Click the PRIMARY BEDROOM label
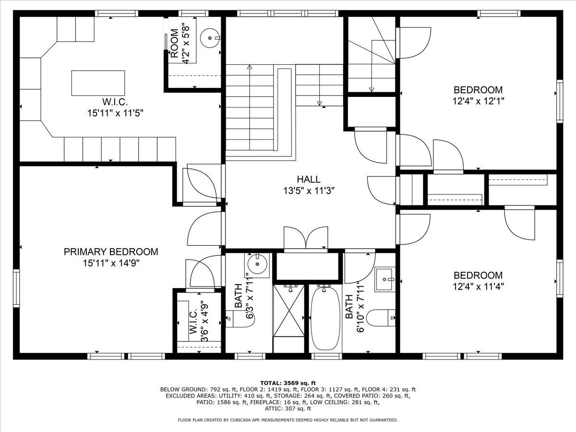111,252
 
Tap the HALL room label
309,180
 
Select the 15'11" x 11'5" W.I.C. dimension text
115,113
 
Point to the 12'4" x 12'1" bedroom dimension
478,101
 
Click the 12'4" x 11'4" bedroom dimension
478,287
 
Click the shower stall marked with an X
288,319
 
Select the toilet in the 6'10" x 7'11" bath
381,318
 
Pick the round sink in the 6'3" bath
257,264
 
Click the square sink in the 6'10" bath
384,280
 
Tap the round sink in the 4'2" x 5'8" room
210,38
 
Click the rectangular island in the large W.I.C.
98,83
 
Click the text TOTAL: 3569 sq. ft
288,383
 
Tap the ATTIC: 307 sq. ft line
288,408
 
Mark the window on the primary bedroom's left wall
16,288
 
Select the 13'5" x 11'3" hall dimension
309,191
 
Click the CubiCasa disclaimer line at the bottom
288,420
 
